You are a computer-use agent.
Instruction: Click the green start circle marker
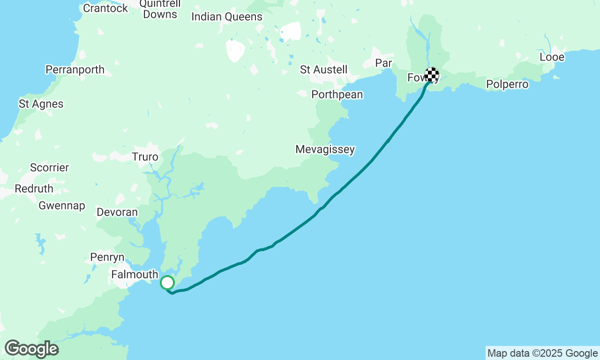[167, 283]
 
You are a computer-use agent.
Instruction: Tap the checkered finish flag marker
[432, 75]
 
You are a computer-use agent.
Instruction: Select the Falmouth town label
[135, 274]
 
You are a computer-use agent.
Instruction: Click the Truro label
[145, 157]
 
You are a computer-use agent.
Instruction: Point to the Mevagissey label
[325, 150]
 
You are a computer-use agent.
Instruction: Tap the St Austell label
[323, 70]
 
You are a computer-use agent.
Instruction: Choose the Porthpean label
[337, 95]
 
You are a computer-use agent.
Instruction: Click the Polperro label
[507, 84]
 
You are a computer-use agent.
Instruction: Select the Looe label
[552, 57]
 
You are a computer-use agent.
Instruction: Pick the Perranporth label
[75, 70]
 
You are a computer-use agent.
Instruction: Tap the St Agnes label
[41, 104]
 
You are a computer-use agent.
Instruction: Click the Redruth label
[34, 189]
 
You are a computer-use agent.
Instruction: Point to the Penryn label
[107, 257]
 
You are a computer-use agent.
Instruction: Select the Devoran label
[117, 212]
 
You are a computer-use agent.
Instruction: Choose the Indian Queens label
[227, 17]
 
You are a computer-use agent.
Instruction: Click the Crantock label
[105, 8]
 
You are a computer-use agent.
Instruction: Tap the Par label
[383, 63]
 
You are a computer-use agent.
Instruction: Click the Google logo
[31, 349]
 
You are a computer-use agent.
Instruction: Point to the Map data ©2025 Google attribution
[542, 353]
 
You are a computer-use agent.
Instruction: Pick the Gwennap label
[62, 206]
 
